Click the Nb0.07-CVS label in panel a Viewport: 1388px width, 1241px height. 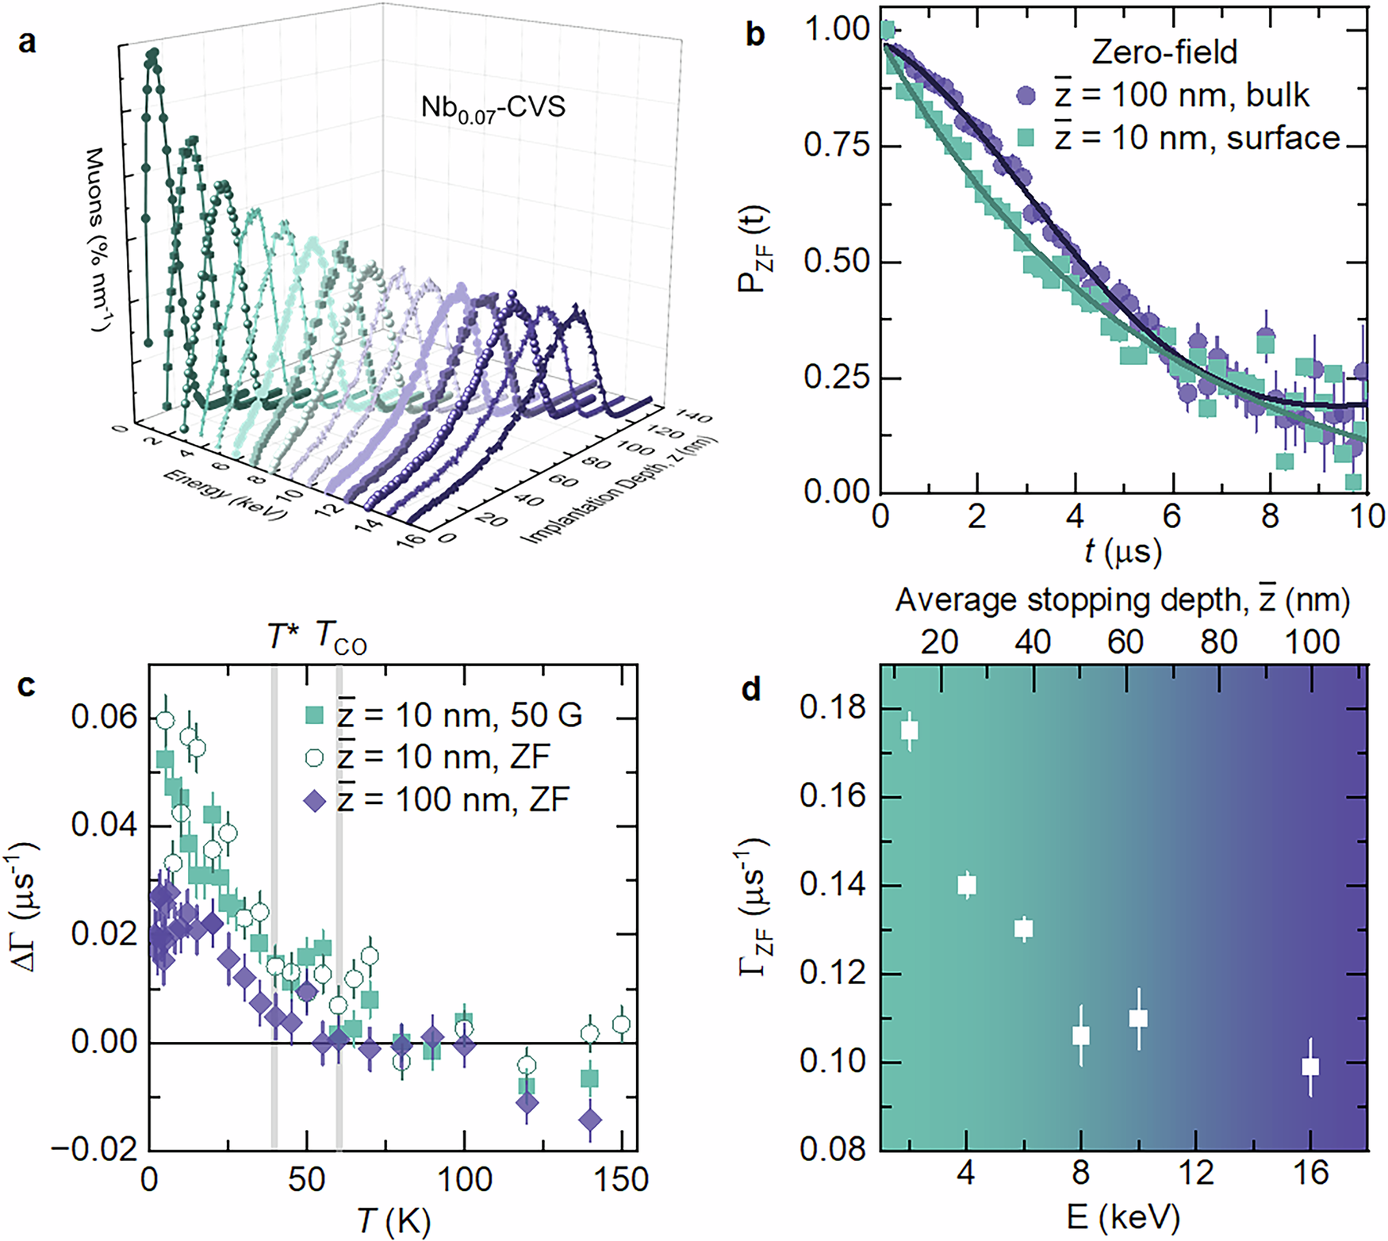click(493, 107)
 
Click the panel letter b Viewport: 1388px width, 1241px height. click(755, 35)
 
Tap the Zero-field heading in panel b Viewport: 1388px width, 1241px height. click(1164, 52)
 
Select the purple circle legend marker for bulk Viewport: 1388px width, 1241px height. click(1026, 95)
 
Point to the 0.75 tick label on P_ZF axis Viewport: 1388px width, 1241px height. click(836, 146)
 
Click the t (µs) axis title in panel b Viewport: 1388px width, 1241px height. click(1122, 550)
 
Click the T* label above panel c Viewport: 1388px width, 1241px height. click(281, 637)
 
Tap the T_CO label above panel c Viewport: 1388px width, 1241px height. click(341, 638)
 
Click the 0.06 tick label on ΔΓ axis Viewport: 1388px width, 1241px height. click(104, 718)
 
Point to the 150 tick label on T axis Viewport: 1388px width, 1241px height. click(622, 1180)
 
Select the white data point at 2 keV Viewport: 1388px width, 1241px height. click(910, 730)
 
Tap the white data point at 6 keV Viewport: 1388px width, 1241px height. click(1024, 928)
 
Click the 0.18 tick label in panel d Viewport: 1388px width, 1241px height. click(834, 708)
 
